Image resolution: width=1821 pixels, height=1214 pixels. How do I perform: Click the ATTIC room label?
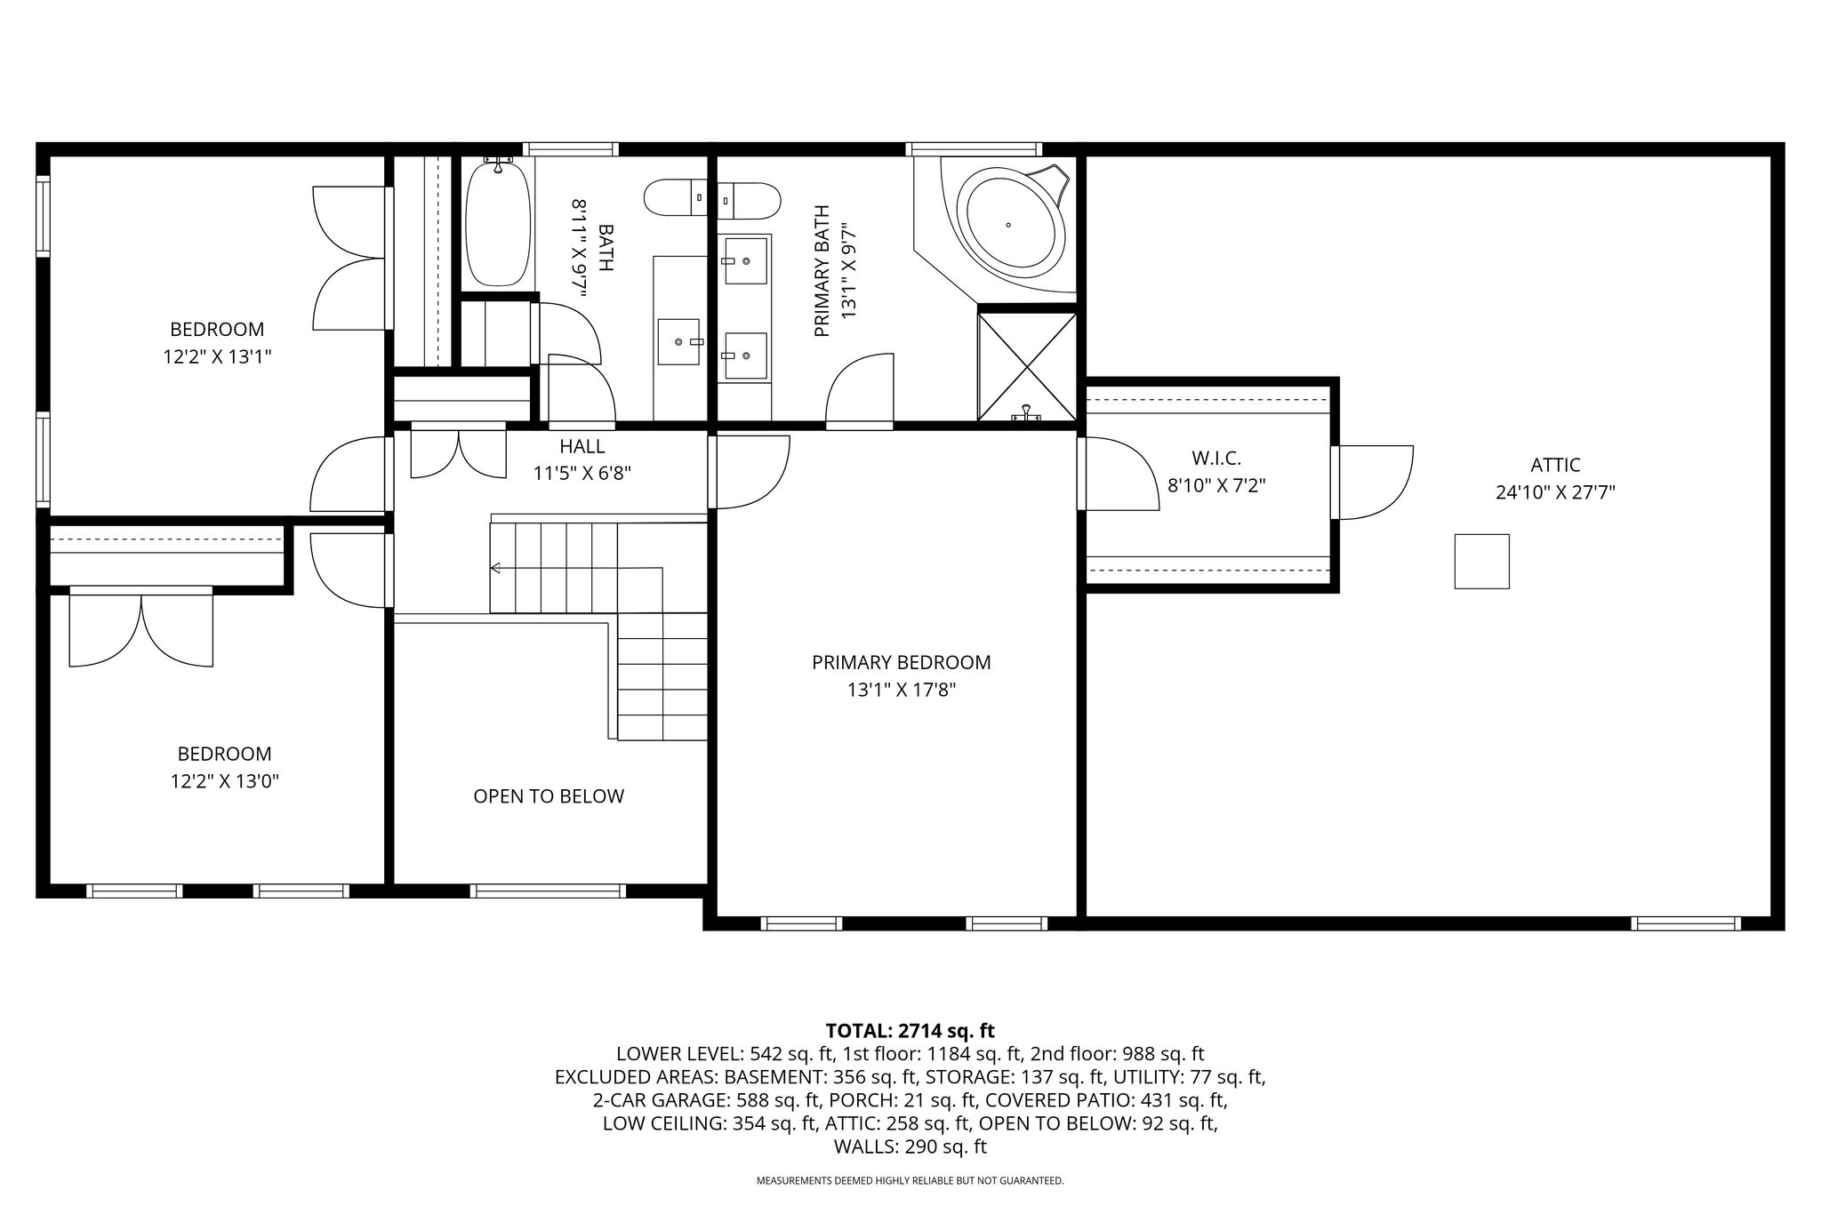(x=1555, y=465)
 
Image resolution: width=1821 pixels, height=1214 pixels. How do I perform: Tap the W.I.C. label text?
(x=1215, y=459)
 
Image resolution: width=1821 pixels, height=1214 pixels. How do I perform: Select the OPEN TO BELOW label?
(x=549, y=796)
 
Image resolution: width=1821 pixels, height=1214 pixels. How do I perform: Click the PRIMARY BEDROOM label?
(x=901, y=662)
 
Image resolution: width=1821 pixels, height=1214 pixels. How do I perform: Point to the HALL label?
(x=582, y=446)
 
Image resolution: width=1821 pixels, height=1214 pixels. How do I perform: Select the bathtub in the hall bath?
(x=499, y=222)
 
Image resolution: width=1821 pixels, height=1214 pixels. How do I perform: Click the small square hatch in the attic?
(x=1481, y=561)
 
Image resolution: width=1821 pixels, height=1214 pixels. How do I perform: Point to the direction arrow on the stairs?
(x=495, y=568)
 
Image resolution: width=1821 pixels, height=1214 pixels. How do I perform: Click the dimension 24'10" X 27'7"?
(x=1555, y=492)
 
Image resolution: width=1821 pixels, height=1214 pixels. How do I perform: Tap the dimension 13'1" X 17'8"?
(x=902, y=690)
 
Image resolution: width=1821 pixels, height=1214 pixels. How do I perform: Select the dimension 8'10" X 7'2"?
(x=1216, y=486)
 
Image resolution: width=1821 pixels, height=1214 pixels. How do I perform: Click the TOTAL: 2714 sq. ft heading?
(x=910, y=1031)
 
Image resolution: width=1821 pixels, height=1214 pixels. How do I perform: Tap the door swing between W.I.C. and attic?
(x=1376, y=482)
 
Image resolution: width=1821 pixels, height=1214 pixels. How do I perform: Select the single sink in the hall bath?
(x=678, y=341)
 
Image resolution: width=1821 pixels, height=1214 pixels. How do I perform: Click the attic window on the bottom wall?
(x=1686, y=923)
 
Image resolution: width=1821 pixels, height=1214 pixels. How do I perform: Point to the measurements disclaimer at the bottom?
(x=910, y=1181)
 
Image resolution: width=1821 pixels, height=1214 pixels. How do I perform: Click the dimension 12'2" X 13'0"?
(x=225, y=781)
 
